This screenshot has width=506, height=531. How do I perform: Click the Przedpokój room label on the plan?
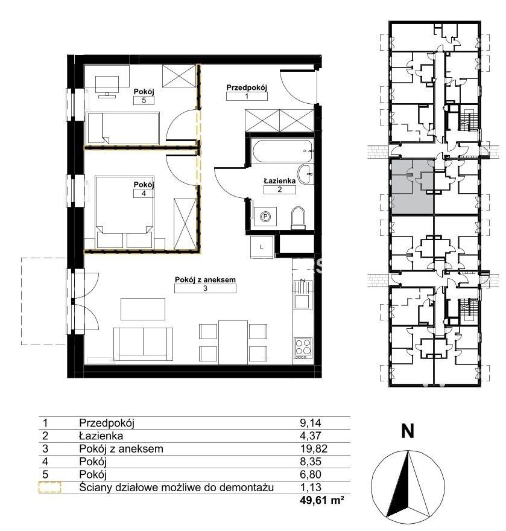pos(247,87)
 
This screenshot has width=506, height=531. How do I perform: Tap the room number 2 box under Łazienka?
pos(280,189)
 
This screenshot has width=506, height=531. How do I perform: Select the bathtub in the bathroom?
pos(283,151)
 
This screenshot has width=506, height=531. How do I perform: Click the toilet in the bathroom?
pos(298,217)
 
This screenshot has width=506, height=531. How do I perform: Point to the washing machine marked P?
pos(265,217)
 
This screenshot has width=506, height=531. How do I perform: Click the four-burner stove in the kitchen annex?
pos(303,349)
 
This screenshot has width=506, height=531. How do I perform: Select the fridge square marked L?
pos(262,247)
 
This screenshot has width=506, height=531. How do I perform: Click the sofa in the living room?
pos(143,344)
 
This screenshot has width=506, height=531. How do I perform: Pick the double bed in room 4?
pos(125,212)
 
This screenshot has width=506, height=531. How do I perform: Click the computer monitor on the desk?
pos(107,84)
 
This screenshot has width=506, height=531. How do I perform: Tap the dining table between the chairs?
pos(233,342)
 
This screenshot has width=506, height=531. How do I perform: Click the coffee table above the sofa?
pos(143,309)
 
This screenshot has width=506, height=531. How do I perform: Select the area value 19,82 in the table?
pos(314,449)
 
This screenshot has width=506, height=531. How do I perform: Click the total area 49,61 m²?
pos(322,500)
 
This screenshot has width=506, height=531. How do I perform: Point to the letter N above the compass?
pos(408,431)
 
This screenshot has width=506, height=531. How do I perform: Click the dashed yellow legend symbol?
pos(49,488)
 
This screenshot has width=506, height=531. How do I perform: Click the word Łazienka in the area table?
pos(101,436)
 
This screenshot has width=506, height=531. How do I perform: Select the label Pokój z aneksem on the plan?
pos(205,280)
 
